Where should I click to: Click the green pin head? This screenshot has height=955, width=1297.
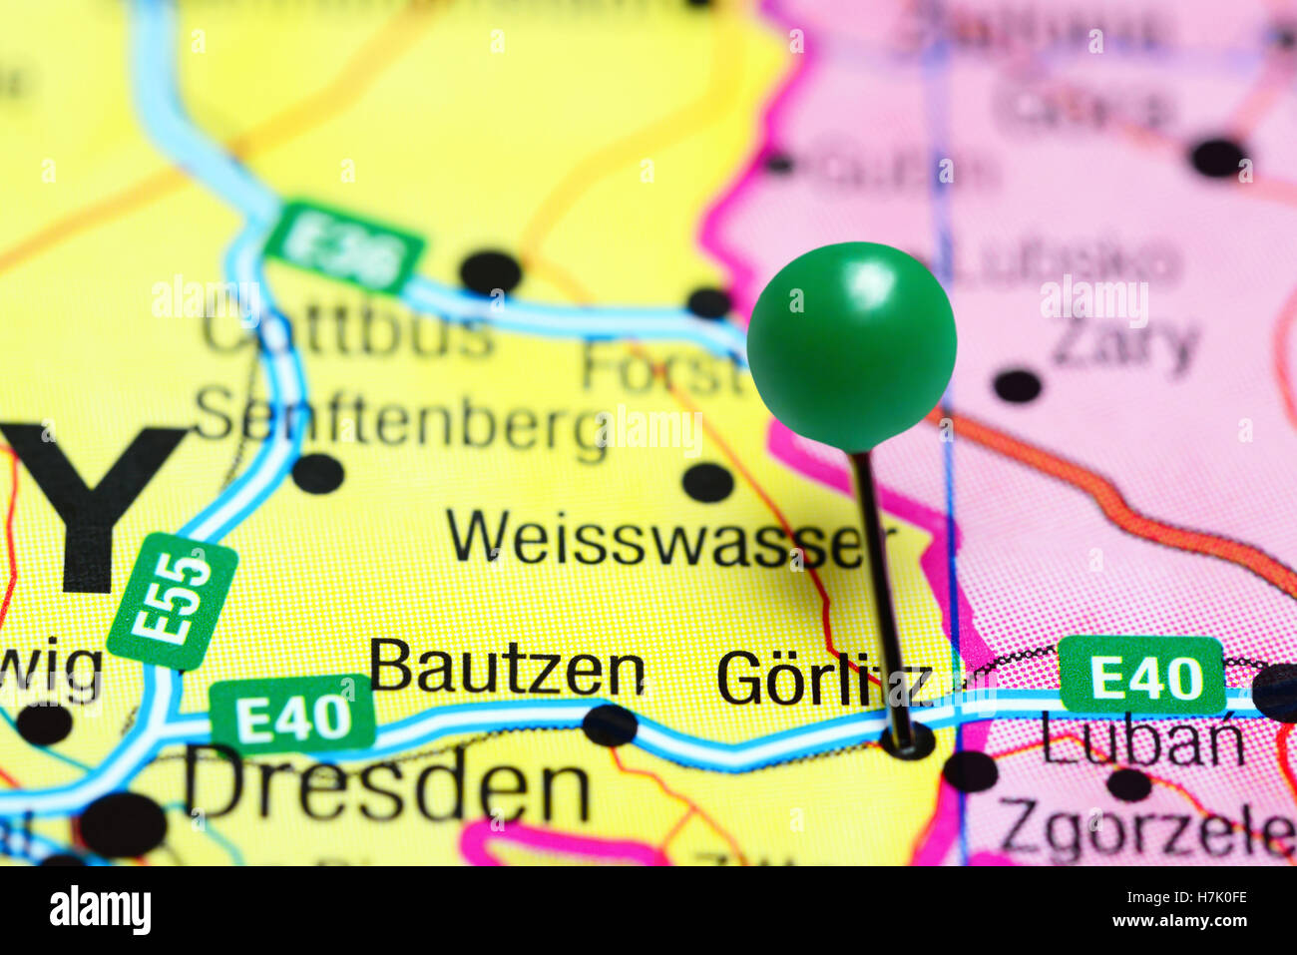(x=851, y=345)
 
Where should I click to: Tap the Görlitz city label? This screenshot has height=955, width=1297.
(x=824, y=679)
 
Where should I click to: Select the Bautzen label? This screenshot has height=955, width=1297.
(x=507, y=668)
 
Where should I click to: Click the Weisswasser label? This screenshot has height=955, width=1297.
(x=654, y=539)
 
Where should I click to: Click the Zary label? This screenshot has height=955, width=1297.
(x=1124, y=344)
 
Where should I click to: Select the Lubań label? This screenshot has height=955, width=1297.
(x=1143, y=741)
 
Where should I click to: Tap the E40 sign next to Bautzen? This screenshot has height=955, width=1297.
(x=292, y=715)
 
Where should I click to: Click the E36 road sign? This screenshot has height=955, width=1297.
(x=344, y=248)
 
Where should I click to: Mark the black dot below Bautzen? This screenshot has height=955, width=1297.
(x=610, y=725)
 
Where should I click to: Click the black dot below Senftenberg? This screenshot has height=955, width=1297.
(x=318, y=473)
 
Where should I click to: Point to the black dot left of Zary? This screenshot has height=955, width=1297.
(x=1018, y=385)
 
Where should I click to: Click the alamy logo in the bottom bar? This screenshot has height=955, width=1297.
(x=100, y=910)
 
